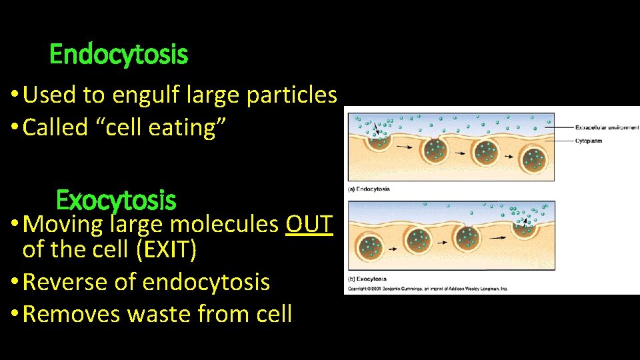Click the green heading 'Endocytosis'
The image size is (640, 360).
click(x=119, y=55)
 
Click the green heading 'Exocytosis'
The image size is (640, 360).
click(x=116, y=199)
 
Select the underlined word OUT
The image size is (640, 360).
click(x=308, y=225)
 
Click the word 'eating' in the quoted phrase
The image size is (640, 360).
click(x=192, y=127)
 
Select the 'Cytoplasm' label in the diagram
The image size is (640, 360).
click(x=591, y=141)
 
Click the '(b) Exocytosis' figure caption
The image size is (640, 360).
click(x=367, y=279)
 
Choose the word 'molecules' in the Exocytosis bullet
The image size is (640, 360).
click(x=223, y=225)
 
